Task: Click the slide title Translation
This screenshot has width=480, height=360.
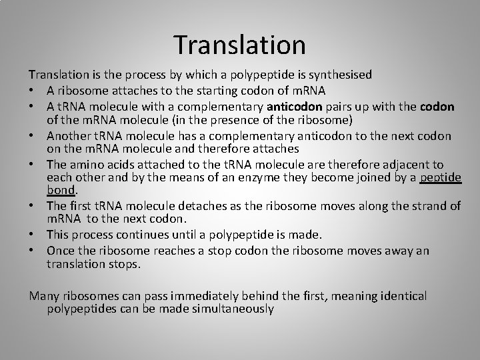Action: click(x=240, y=45)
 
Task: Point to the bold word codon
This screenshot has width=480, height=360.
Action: click(x=438, y=107)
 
